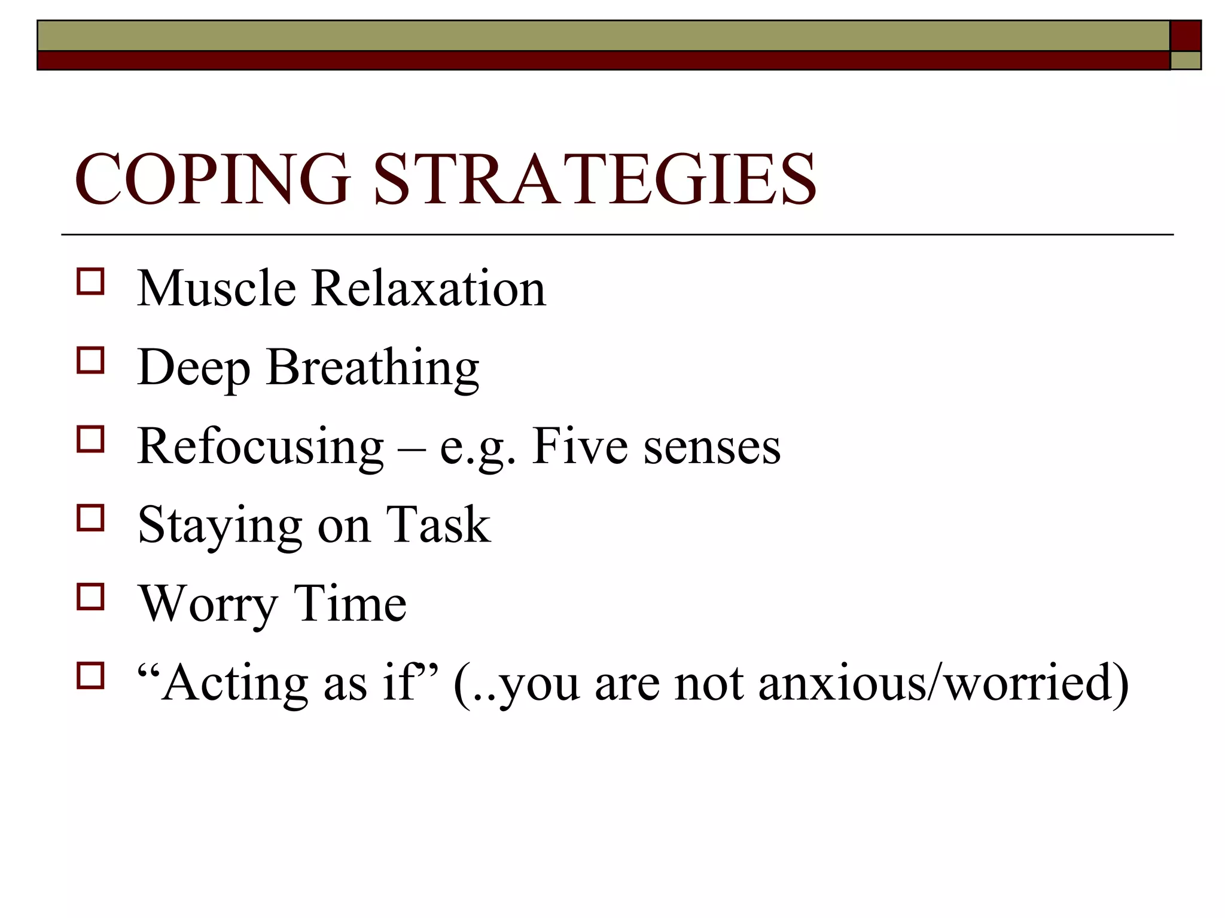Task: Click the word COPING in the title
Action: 212,179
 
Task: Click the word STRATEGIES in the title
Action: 595,179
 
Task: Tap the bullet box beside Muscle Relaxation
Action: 90,281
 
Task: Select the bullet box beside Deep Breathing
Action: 90,360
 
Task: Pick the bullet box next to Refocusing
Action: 90,439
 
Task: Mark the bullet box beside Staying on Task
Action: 90,518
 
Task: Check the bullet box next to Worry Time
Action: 90,596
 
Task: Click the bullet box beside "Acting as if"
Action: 90,675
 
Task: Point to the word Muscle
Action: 217,289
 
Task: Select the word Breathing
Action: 373,368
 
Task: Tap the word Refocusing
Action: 260,447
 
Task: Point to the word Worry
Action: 208,604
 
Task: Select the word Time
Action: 350,603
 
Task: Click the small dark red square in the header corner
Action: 1186,36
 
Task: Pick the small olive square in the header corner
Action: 1186,60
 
